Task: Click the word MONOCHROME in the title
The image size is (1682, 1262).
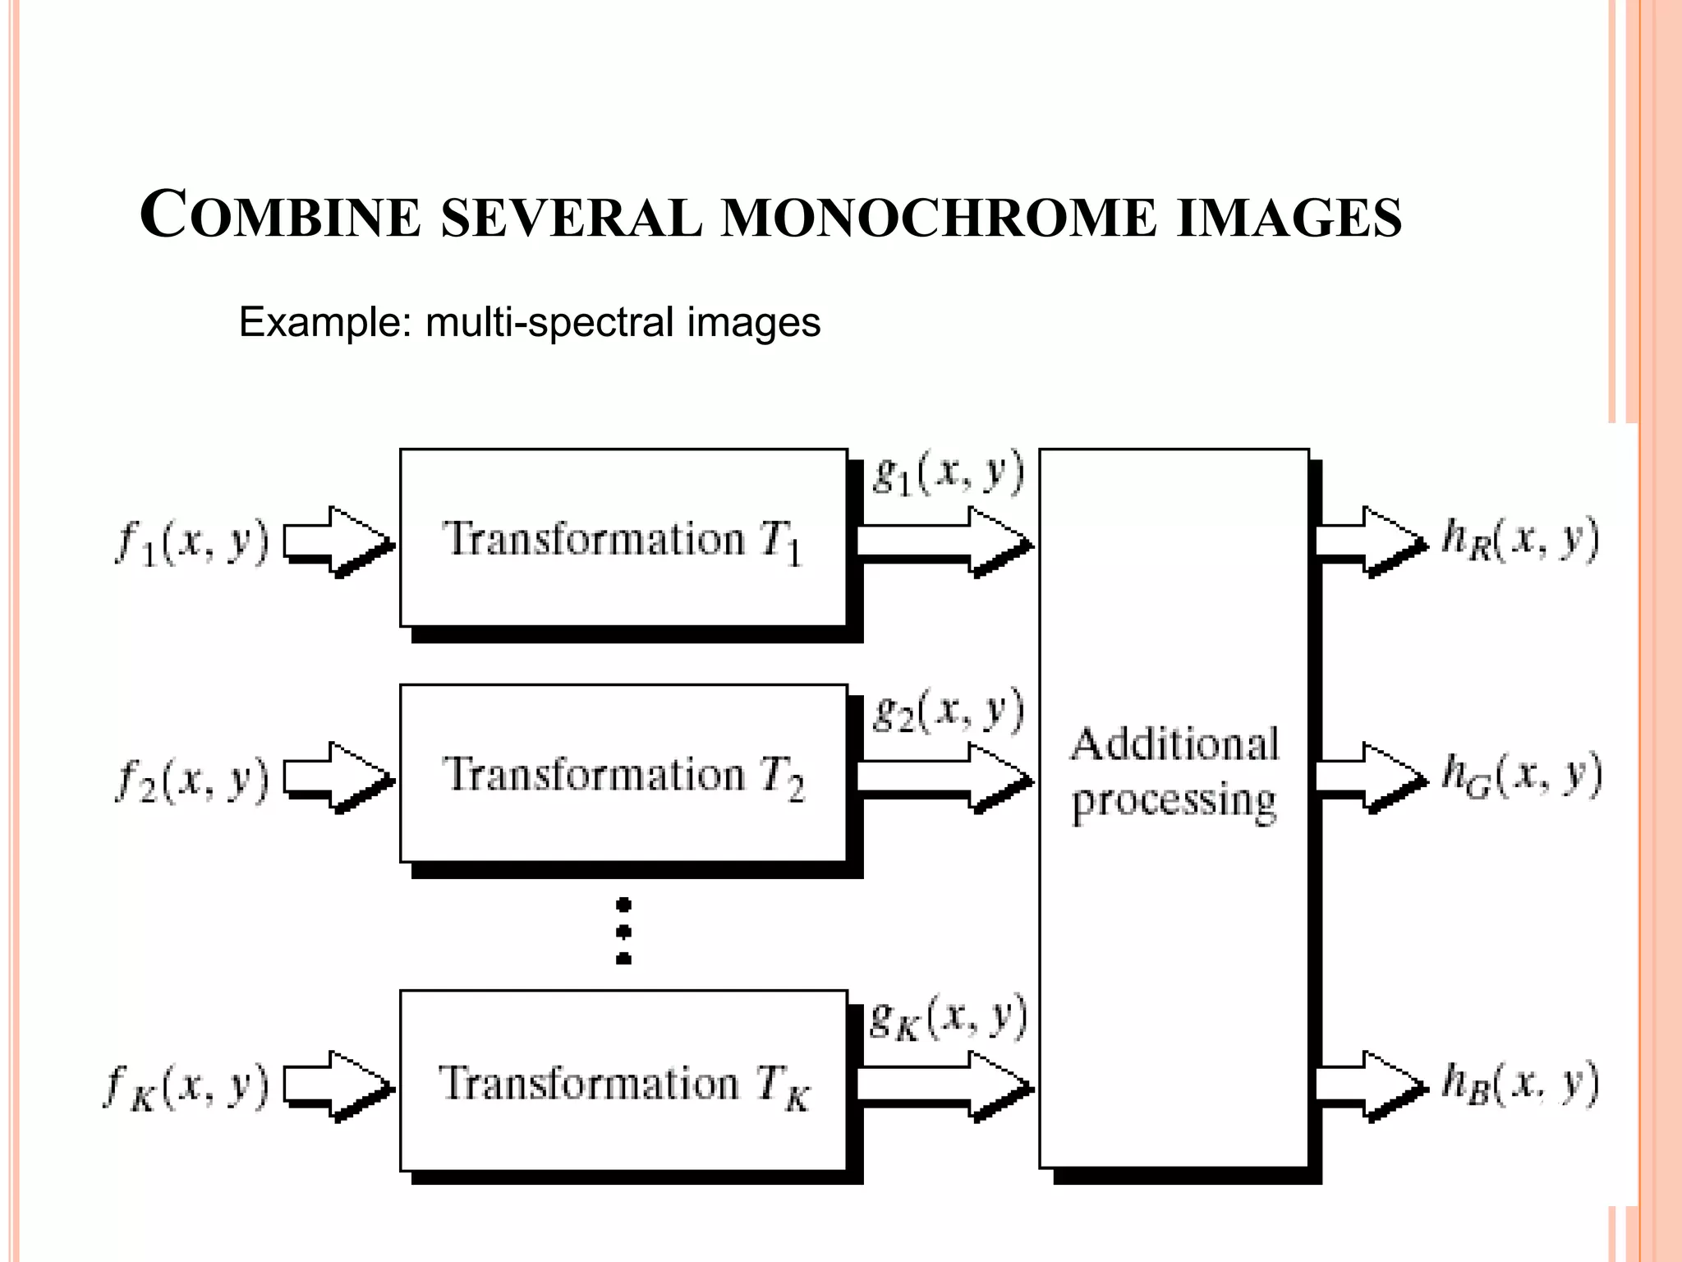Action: click(938, 219)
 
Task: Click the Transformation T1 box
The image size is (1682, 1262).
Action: click(623, 539)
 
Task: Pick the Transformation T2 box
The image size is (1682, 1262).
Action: click(623, 774)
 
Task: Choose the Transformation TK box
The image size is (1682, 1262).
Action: click(623, 1081)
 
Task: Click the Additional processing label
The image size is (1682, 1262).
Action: click(1174, 772)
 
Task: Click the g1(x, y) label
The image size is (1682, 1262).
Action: click(948, 474)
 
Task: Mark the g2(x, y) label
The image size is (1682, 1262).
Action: click(948, 711)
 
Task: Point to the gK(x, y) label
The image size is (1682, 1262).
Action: click(948, 1019)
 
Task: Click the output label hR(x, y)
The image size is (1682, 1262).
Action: click(1520, 541)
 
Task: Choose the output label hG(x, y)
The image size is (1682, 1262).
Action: click(1522, 776)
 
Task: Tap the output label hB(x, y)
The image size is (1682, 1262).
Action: click(1520, 1085)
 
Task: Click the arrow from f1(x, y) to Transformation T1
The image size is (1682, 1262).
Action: click(337, 541)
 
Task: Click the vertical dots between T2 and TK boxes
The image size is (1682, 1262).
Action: click(623, 931)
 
